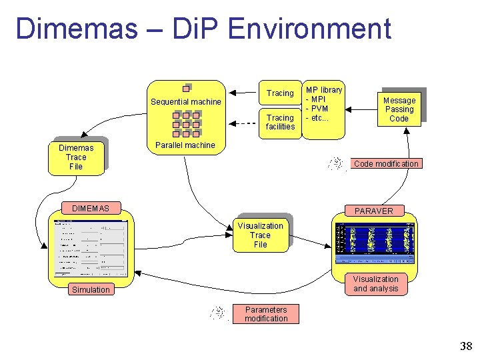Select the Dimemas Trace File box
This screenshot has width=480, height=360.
coord(76,157)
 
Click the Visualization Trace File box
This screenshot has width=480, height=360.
coord(260,235)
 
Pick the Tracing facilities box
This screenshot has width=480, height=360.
coord(280,122)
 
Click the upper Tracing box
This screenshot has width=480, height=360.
coord(280,93)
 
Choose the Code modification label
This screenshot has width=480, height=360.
coord(386,164)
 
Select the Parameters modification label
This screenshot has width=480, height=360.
coord(266,314)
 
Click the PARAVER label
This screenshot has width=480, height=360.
coord(374,211)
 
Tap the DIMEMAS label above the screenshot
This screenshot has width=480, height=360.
coord(91,209)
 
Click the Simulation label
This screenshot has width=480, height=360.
coord(91,289)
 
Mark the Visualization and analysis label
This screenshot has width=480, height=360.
coord(375,284)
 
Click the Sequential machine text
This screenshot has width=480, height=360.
coord(185,102)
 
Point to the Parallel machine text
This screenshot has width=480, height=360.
coord(185,145)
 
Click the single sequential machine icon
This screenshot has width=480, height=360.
coord(187,88)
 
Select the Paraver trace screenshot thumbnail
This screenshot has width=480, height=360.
coord(374,243)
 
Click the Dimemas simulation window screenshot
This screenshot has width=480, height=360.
coord(91,247)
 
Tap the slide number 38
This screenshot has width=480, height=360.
coord(465,346)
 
